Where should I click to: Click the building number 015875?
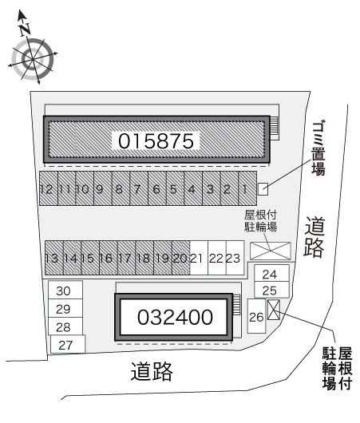156,140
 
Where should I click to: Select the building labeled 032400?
173,317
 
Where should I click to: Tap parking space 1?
247,188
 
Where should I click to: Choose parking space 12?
49,188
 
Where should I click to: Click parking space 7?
139,188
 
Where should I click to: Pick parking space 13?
54,258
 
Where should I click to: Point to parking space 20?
181,258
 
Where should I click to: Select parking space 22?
217,258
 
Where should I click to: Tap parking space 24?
271,273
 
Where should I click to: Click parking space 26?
257,316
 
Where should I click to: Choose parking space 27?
68,344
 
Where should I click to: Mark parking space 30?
65,290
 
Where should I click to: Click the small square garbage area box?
263,189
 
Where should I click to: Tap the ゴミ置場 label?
318,148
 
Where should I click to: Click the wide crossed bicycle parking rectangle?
271,251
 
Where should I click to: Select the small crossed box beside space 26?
274,310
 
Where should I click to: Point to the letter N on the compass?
25,30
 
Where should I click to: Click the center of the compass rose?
33,59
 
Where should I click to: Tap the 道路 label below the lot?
152,372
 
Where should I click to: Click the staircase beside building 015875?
274,125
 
